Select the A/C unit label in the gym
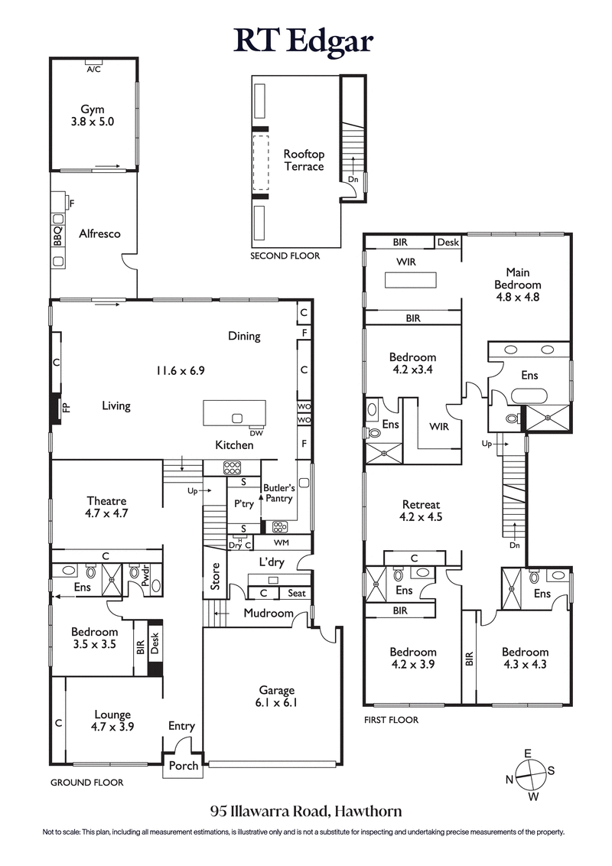coord(93,69)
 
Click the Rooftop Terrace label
coord(304,161)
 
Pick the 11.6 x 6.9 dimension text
coord(181,370)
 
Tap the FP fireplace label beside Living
coord(66,408)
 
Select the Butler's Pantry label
coord(278,493)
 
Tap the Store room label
coord(216,578)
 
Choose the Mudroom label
coord(269,613)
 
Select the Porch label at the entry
coord(183,765)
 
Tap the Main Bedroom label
coord(518,284)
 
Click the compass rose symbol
coord(528,775)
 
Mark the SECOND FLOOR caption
coord(285,256)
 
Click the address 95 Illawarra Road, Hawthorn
coord(306,811)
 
